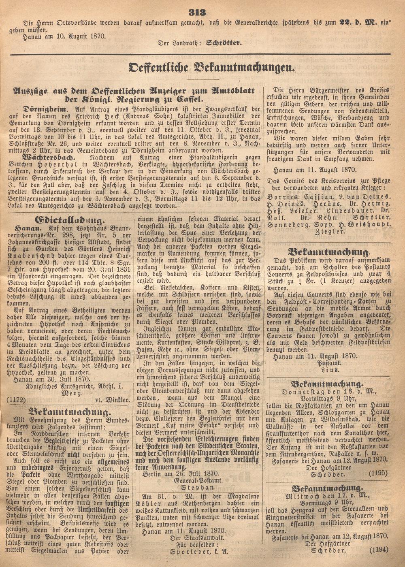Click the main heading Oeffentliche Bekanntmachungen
click(x=211, y=67)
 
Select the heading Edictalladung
click(x=70, y=220)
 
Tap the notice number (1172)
click(x=16, y=400)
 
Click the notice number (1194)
click(x=378, y=549)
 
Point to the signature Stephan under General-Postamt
click(x=199, y=487)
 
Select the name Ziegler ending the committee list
click(x=328, y=232)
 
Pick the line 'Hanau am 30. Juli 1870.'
click(x=51, y=379)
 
